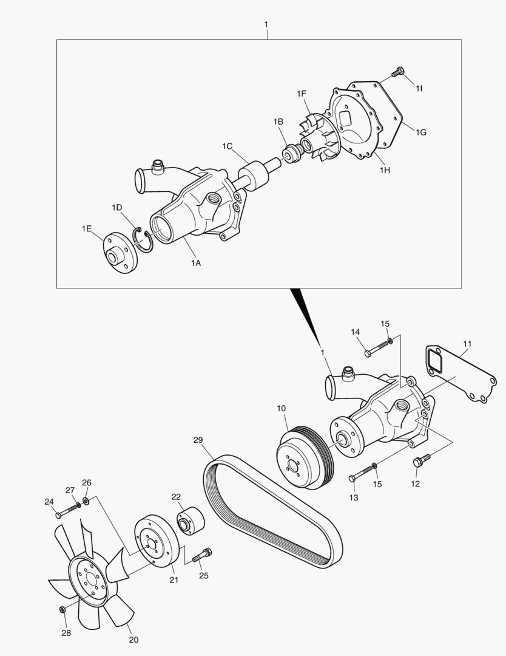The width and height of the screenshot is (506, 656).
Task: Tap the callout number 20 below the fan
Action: coord(133,640)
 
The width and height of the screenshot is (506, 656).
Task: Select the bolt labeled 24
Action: coord(66,511)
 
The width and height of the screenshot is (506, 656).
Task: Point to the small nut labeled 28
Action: coord(63,609)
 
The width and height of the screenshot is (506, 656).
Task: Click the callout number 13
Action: coord(354,497)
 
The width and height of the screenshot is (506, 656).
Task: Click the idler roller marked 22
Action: coord(190,521)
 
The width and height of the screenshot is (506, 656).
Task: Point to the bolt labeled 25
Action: coord(203,556)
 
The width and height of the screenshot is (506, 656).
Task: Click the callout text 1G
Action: coord(420,132)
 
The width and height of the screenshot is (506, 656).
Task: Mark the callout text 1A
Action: coord(195,263)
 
